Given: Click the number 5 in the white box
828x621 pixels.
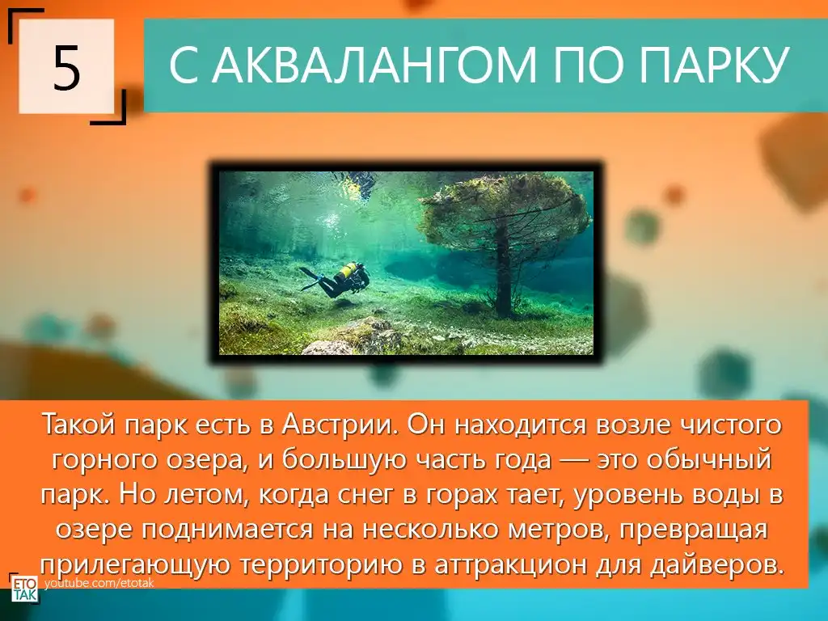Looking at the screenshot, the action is (66, 68).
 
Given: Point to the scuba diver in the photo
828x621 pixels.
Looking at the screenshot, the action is (336, 278).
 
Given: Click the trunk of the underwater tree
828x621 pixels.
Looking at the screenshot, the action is (503, 269).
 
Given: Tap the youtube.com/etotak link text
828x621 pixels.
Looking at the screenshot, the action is (99, 584).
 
